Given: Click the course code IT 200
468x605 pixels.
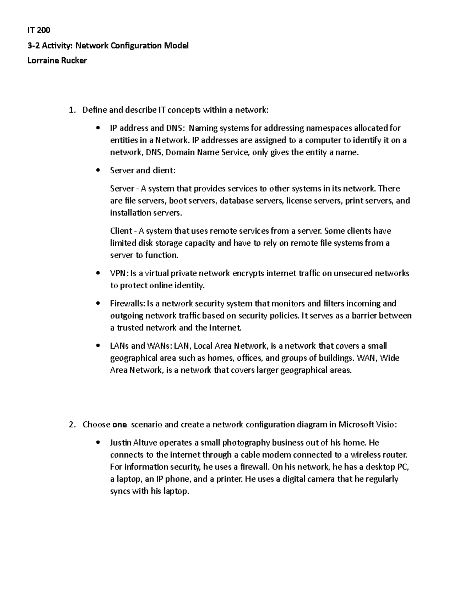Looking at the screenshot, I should click(39, 30).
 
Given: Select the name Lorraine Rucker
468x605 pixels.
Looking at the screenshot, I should click(57, 60).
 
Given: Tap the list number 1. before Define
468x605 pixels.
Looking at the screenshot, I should click(72, 110).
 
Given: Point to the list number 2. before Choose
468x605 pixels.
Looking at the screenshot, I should click(72, 425).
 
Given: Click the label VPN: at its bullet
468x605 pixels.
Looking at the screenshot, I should click(119, 273).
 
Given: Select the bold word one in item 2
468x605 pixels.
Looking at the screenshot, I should click(119, 425).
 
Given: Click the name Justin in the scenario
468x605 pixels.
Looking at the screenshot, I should click(121, 443).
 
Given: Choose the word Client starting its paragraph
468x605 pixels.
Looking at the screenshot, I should click(121, 231).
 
